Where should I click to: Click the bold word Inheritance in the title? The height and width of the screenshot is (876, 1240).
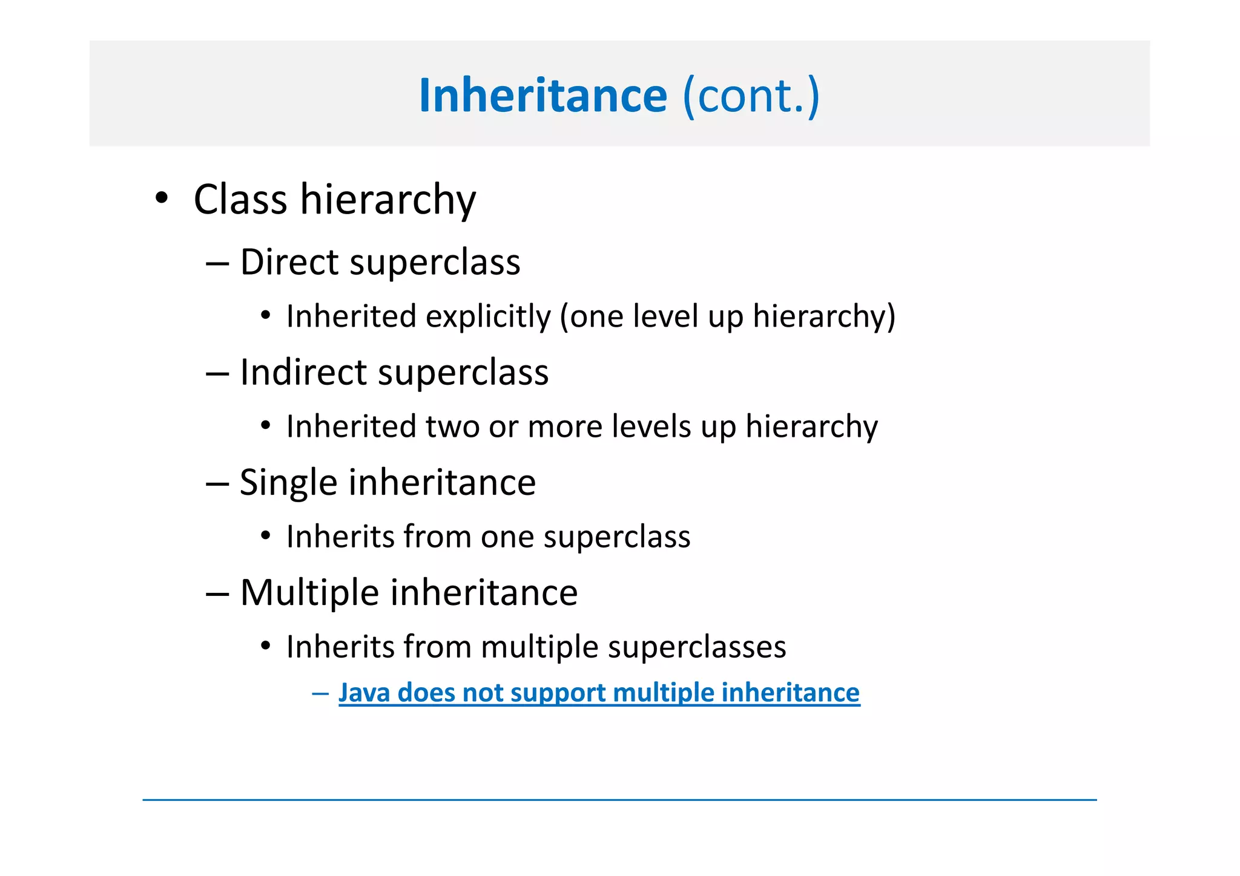click(x=542, y=96)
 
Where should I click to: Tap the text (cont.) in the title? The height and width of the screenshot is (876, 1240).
click(x=751, y=96)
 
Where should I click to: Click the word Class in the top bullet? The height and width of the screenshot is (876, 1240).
click(x=240, y=200)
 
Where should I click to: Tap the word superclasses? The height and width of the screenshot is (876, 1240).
click(x=696, y=647)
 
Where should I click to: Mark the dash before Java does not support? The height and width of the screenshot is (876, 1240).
click(x=320, y=693)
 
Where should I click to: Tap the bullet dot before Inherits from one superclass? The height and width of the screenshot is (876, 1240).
click(x=265, y=536)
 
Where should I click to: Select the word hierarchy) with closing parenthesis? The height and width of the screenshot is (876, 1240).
click(x=823, y=316)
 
